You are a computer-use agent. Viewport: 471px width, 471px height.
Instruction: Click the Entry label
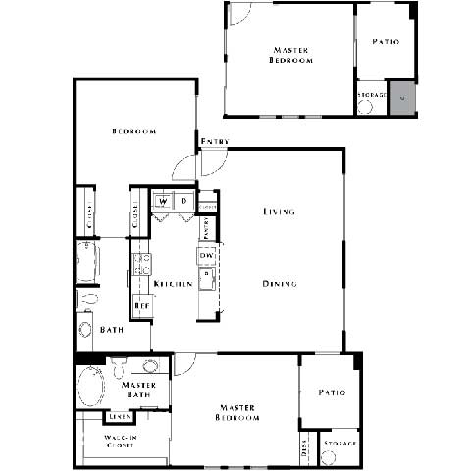[x=215, y=142]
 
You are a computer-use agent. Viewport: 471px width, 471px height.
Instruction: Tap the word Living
[x=279, y=211]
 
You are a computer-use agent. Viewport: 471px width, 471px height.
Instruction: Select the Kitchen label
[x=172, y=284]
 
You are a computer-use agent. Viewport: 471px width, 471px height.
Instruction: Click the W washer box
[x=163, y=202]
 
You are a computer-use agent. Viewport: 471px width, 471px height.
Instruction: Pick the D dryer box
[x=183, y=202]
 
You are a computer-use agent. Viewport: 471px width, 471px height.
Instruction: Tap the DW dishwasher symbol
[x=206, y=256]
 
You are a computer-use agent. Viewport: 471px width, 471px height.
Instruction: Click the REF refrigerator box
[x=140, y=306]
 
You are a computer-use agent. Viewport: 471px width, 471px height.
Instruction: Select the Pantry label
[x=205, y=228]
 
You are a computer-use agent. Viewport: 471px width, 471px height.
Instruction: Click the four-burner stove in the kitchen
[x=141, y=263]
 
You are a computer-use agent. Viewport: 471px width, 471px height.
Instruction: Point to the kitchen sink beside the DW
[x=206, y=280]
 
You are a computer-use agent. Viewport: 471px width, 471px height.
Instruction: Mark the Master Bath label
[x=139, y=390]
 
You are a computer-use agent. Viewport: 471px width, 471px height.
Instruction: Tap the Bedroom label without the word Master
[x=129, y=131]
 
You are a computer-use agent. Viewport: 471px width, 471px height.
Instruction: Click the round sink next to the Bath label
[x=85, y=329]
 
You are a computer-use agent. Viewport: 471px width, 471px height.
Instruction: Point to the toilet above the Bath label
[x=86, y=296]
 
